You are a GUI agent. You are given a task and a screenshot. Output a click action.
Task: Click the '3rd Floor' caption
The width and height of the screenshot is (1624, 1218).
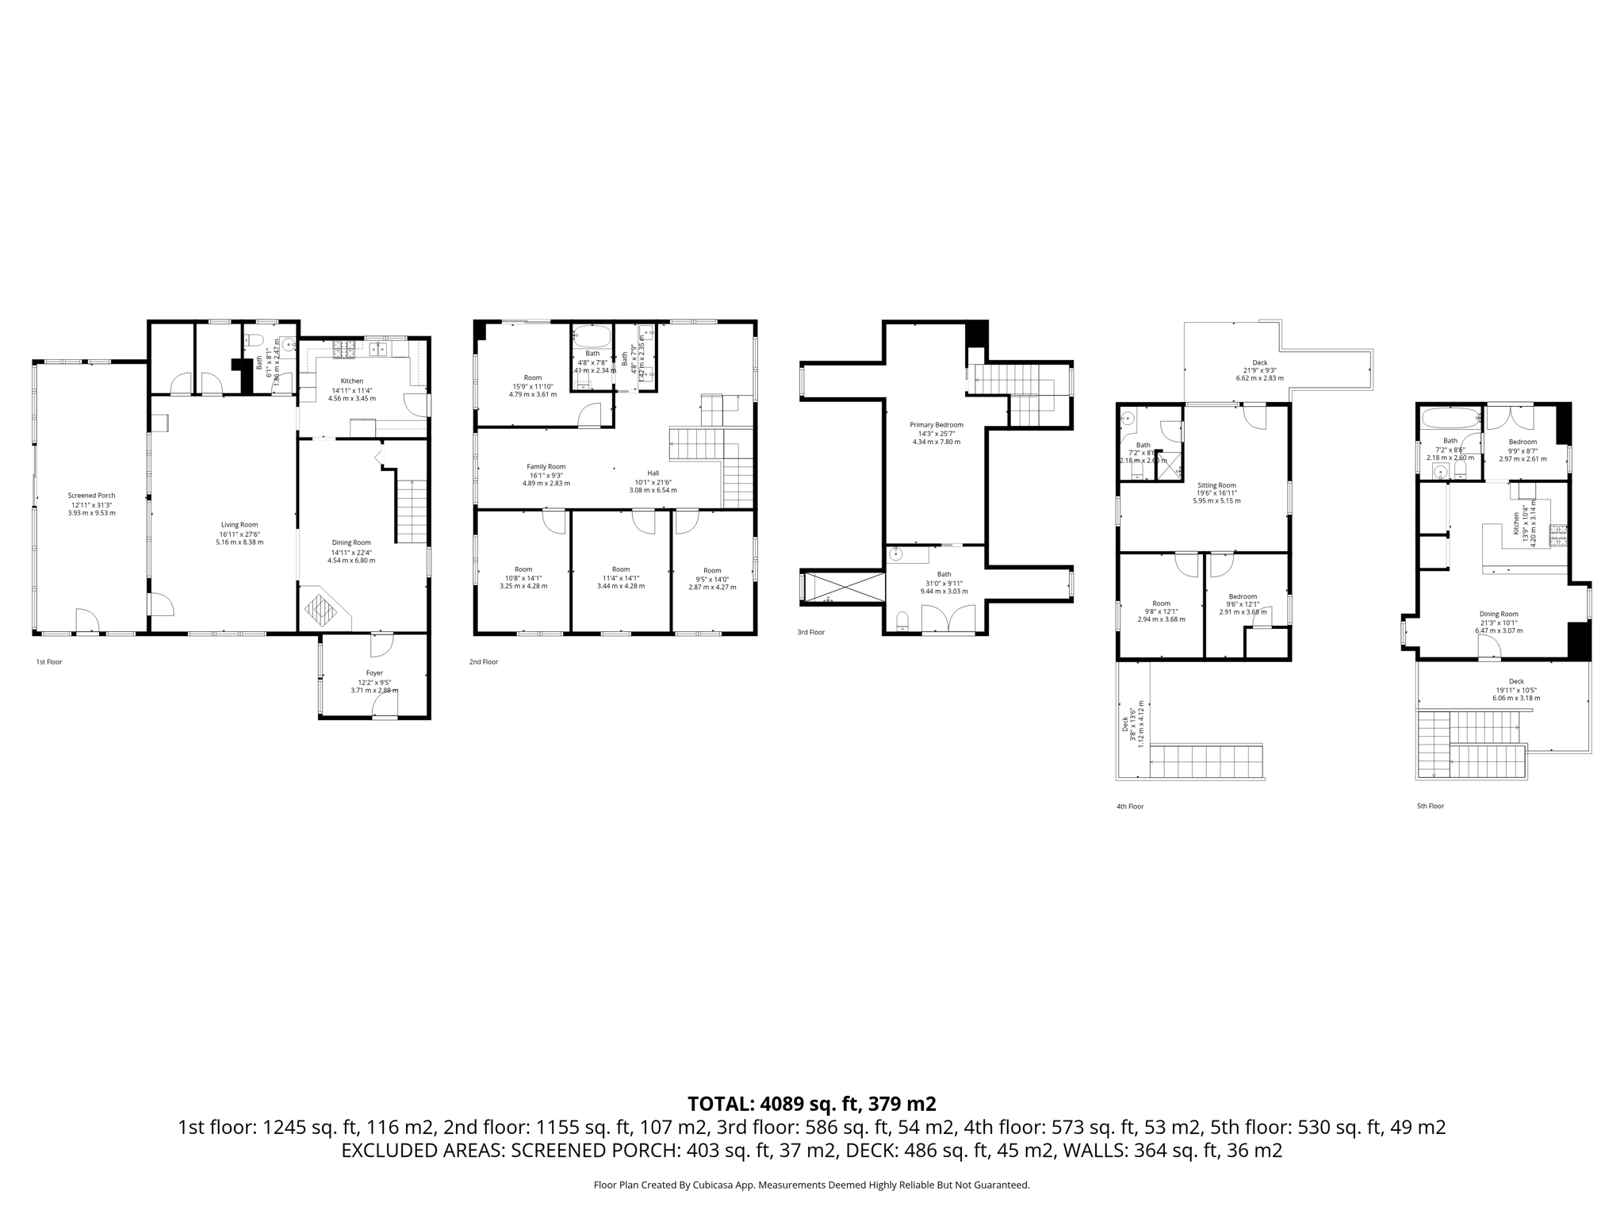810,633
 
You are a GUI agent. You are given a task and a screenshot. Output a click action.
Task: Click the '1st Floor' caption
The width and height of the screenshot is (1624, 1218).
48,661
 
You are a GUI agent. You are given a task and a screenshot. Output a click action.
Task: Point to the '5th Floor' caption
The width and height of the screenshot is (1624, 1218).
1430,806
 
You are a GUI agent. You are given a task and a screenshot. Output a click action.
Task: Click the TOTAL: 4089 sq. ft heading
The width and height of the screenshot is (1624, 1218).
811,1104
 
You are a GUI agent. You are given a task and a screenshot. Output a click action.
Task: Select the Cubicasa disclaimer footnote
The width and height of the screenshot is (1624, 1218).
811,1185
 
